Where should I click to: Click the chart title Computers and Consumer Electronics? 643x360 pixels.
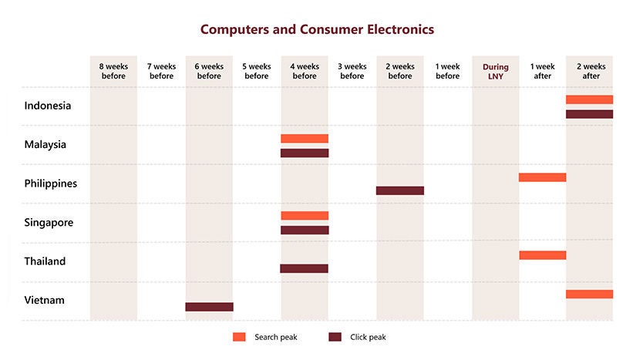pos(317,29)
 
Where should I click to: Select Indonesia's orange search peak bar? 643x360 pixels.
pos(589,99)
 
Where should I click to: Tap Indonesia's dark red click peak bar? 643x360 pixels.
pos(589,114)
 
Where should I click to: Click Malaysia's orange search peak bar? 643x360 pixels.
pos(305,139)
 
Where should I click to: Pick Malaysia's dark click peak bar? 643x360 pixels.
pos(305,153)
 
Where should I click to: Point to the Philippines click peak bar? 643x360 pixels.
pos(400,190)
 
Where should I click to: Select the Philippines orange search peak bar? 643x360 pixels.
pos(542,177)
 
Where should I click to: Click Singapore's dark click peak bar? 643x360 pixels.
pos(305,230)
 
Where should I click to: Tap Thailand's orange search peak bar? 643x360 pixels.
pos(542,255)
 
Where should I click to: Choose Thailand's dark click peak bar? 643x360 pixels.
pos(304,268)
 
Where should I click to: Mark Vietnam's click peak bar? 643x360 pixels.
pos(209,307)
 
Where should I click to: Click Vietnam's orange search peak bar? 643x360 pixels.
pos(589,294)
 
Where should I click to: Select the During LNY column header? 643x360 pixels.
pos(495,71)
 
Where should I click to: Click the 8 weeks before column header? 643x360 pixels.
pos(113,71)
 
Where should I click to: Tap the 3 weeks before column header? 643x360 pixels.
pos(352,71)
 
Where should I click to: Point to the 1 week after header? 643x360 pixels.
pos(542,71)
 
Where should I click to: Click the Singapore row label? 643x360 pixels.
pos(49,223)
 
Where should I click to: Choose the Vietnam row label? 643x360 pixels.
pos(45,300)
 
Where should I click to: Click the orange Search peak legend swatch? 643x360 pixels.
pos(239,337)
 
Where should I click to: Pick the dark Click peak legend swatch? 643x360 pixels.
pos(335,337)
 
